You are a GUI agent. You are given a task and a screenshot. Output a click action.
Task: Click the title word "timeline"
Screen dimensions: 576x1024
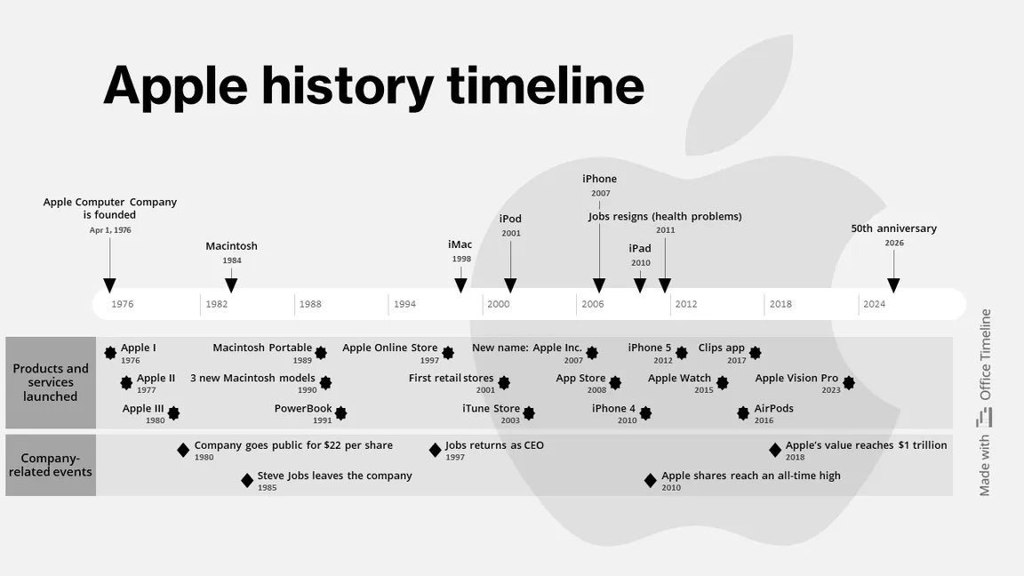coord(545,86)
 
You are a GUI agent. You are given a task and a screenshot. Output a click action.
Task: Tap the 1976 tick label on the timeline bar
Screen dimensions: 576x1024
coord(123,304)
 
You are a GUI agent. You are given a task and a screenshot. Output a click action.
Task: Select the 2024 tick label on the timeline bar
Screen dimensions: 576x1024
coord(874,304)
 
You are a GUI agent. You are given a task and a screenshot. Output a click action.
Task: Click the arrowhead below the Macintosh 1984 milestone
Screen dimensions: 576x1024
coord(231,285)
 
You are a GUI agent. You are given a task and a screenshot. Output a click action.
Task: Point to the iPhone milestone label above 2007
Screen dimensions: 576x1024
coord(599,179)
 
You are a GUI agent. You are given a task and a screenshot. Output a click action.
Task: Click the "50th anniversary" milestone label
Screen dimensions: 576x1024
coord(893,228)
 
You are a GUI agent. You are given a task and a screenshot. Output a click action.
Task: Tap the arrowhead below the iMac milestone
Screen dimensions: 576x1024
coord(460,285)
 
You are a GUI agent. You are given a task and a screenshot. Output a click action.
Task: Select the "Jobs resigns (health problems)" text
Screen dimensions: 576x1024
coord(665,216)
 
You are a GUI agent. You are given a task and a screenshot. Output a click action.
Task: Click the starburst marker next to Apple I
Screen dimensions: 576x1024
coord(110,353)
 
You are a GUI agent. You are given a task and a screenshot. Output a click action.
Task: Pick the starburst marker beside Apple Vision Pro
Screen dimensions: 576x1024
coord(849,383)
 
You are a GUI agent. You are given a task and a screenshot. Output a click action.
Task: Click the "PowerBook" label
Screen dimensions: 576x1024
coord(303,409)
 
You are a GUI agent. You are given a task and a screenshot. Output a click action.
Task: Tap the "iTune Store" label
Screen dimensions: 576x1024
coord(491,409)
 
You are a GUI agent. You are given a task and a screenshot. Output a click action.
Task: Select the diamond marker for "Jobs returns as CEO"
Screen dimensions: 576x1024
coord(435,450)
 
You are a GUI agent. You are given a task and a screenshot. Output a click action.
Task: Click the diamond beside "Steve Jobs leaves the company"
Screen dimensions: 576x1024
coord(247,481)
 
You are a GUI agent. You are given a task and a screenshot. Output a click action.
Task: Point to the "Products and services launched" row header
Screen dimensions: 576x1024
coord(51,382)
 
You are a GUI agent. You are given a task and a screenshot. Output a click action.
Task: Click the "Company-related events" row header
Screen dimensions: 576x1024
coord(51,465)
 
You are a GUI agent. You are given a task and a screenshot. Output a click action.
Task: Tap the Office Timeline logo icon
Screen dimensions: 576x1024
coord(984,418)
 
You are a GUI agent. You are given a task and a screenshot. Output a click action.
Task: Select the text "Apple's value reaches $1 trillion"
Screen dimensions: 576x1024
coord(866,445)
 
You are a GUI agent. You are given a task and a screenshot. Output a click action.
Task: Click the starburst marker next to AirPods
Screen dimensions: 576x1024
coord(743,413)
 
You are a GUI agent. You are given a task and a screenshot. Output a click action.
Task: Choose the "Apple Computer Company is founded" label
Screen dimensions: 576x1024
coord(110,208)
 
